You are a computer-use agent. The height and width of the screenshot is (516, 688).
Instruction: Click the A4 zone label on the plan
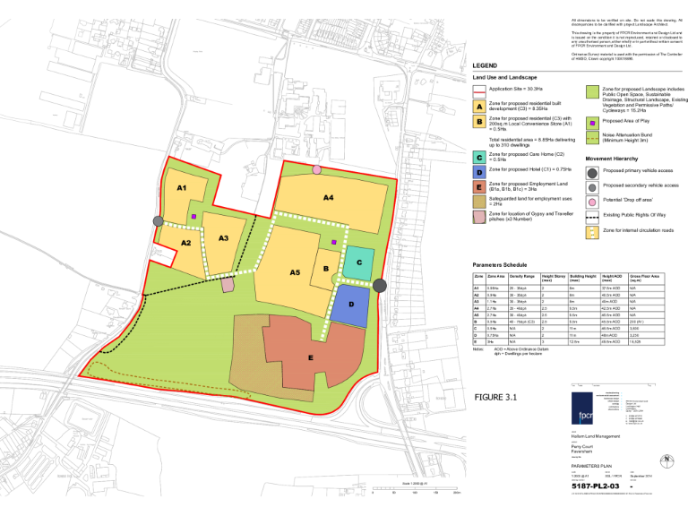[329, 196]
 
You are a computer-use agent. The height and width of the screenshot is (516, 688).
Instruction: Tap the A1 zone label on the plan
[181, 188]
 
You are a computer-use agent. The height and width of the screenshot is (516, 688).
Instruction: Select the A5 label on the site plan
[295, 271]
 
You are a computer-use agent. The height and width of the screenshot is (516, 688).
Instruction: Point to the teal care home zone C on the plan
[358, 262]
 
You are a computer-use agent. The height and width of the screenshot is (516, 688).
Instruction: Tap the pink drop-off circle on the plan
[316, 169]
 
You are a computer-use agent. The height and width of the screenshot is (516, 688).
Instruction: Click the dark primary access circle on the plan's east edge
[380, 285]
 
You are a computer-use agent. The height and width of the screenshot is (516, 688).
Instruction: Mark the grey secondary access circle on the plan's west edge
[159, 220]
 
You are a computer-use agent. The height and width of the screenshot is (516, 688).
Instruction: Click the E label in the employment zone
[310, 357]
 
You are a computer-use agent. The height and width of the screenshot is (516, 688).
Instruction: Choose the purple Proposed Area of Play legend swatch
[592, 121]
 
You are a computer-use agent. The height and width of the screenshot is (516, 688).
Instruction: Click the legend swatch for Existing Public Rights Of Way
[592, 215]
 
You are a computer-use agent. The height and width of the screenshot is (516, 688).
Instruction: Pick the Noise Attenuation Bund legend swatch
[592, 137]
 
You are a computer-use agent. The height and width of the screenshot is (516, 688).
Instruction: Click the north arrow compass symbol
[665, 459]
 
